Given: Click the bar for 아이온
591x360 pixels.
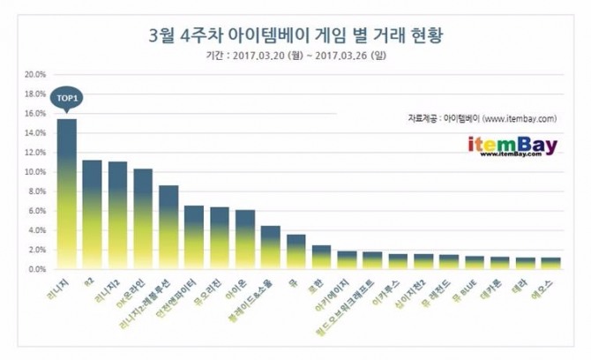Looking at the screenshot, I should click(245, 239).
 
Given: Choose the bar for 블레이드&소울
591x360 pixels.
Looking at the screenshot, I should click(271, 247).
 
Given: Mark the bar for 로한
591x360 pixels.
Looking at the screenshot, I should click(322, 257).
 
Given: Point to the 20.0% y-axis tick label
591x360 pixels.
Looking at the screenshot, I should click(34, 73).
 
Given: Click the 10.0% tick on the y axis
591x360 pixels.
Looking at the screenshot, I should click(34, 171).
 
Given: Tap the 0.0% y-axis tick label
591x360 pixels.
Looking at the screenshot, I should click(35, 269).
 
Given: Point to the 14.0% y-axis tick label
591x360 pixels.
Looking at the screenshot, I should click(34, 132).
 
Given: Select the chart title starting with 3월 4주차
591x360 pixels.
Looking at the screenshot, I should click(295, 36).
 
